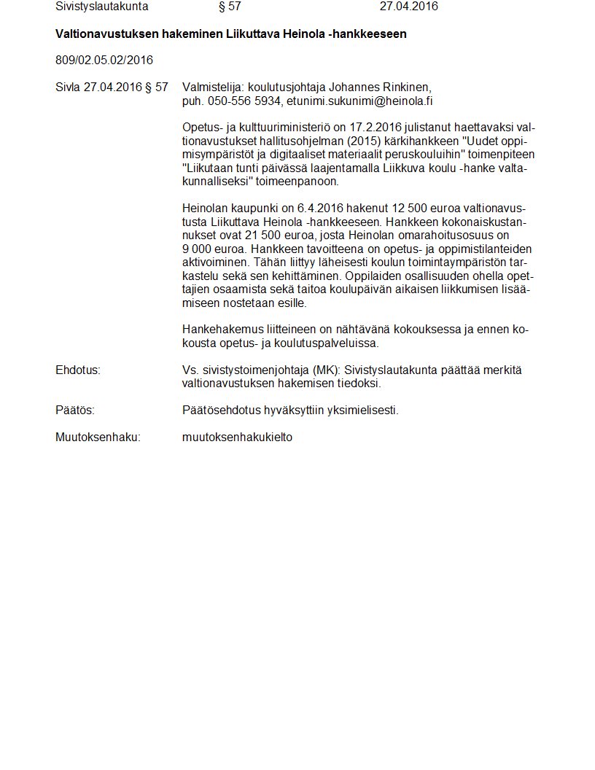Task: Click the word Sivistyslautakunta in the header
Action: click(x=101, y=7)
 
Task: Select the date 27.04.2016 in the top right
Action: click(x=408, y=7)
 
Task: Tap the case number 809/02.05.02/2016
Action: click(x=104, y=60)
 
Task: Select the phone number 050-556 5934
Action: click(x=244, y=101)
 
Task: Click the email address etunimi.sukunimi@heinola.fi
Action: click(x=359, y=101)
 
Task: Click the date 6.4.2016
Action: click(x=322, y=208)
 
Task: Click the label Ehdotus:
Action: click(x=78, y=370)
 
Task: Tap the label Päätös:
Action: click(x=75, y=411)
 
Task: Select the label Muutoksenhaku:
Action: click(x=98, y=437)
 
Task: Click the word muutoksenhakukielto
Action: click(x=237, y=437)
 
